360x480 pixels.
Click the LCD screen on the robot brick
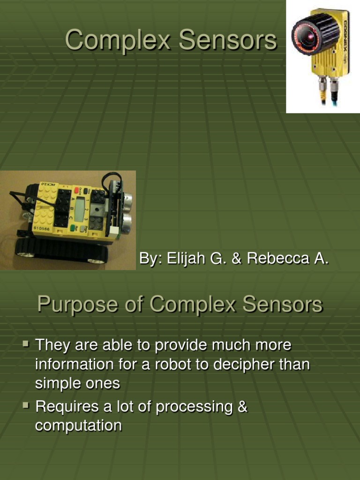pos(80,209)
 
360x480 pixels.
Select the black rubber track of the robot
pos(61,252)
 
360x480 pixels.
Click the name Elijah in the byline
pos(182,259)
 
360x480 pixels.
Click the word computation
pos(78,426)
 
